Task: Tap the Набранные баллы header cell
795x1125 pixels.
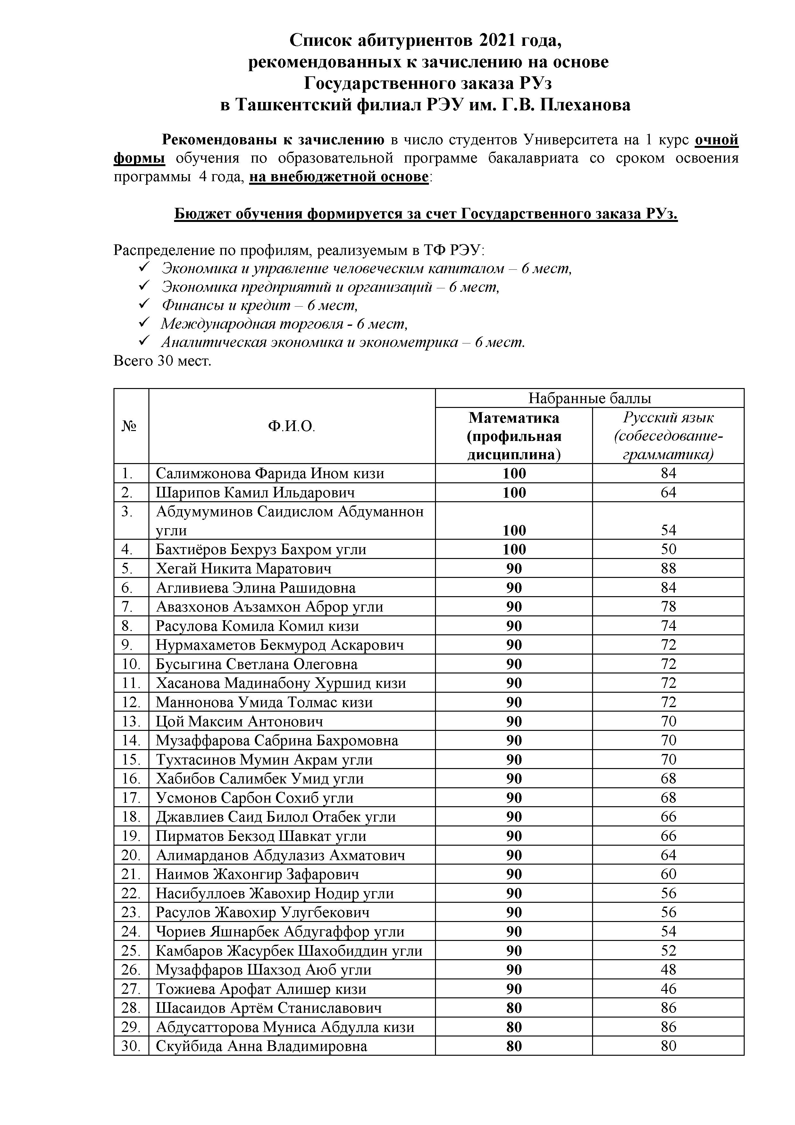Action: click(x=589, y=398)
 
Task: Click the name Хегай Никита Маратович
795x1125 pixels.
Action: click(x=243, y=568)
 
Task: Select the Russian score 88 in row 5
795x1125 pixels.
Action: click(x=668, y=568)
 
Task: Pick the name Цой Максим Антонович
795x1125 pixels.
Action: click(x=239, y=721)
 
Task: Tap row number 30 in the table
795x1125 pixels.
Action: click(x=131, y=1046)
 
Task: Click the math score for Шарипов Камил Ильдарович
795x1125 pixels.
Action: click(x=514, y=493)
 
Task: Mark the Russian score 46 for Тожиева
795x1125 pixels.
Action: click(x=668, y=989)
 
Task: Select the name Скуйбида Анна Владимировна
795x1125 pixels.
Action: click(x=262, y=1046)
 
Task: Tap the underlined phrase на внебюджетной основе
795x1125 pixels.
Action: click(x=339, y=176)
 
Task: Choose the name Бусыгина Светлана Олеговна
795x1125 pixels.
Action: click(x=257, y=664)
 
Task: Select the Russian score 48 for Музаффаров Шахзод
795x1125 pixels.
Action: click(x=668, y=970)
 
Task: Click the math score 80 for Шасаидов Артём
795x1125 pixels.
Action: click(x=514, y=1008)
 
